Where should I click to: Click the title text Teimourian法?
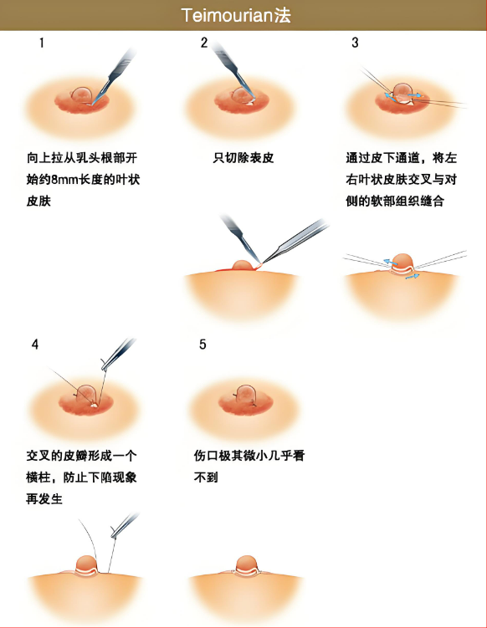pos(236,15)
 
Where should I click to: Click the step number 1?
pos(42,43)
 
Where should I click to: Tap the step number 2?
pos(204,43)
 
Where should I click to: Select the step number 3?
pos(355,43)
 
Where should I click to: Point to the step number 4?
pos(35,345)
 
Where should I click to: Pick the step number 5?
pos(202,345)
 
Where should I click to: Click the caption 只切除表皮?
pos(243,158)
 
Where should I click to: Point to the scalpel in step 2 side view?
pos(240,237)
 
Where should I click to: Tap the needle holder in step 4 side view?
pos(125,525)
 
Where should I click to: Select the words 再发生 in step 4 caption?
pos(44,499)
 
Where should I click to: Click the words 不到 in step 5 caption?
pos(206,477)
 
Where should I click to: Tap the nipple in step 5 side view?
pos(247,564)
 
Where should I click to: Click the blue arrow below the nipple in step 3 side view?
pos(413,276)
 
